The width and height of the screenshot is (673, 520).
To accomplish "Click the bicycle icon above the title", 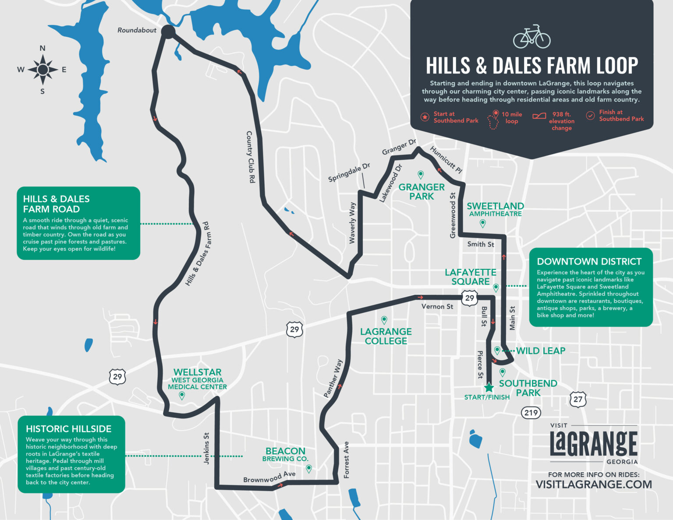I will [x=531, y=37].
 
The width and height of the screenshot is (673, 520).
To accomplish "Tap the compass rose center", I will [x=43, y=70].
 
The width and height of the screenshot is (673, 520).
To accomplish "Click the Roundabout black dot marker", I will [x=168, y=32].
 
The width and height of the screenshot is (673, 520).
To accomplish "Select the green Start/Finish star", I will [x=489, y=387].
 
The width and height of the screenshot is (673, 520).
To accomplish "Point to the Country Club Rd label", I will [x=250, y=156].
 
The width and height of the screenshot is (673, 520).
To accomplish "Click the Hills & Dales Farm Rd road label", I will [x=198, y=254].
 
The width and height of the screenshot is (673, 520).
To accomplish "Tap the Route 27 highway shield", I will [x=578, y=399].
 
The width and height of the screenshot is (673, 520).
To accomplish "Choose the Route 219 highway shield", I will [x=531, y=413].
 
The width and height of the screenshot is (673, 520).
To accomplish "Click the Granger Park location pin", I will [x=421, y=175].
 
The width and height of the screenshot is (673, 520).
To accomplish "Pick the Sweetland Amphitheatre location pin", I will [x=483, y=223].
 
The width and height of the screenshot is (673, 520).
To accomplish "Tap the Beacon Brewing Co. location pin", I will [x=309, y=469].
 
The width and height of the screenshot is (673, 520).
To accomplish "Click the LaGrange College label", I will [x=386, y=336].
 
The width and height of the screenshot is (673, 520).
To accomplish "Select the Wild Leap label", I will [x=541, y=351].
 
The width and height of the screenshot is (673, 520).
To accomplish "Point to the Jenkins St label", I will [x=206, y=448].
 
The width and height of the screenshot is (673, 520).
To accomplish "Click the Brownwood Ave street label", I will [x=269, y=477].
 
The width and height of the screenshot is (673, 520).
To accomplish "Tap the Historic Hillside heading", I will [x=68, y=429].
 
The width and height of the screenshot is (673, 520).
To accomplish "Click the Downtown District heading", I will [x=589, y=262].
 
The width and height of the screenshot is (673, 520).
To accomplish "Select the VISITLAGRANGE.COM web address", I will [x=594, y=484].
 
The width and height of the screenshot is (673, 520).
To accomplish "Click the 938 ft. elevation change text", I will [x=561, y=121].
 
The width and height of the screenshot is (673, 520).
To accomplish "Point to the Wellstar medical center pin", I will [x=182, y=396].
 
